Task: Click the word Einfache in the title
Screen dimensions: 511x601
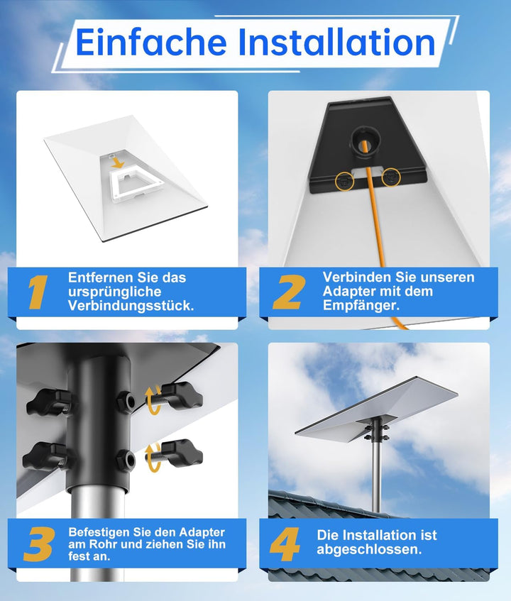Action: [x=151, y=41]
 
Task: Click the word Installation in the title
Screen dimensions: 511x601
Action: [x=336, y=41]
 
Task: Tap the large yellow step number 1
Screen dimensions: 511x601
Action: [x=38, y=292]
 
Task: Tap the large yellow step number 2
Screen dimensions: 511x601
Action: [x=289, y=292]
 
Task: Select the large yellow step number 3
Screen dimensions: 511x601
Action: [x=39, y=544]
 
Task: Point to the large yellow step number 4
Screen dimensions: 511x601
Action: [x=285, y=544]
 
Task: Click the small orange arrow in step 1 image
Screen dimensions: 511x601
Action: [x=119, y=163]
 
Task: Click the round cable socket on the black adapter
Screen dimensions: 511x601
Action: [x=364, y=140]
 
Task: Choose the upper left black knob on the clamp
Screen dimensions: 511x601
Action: [x=48, y=402]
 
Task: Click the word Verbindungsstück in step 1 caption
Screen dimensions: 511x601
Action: [x=131, y=306]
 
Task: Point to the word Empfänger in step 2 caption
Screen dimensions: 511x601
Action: [x=361, y=306]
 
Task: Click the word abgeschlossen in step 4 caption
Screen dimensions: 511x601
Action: [x=369, y=549]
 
